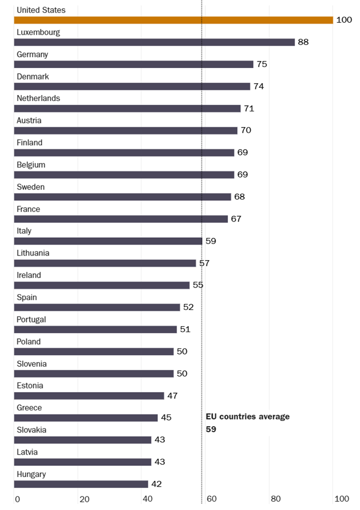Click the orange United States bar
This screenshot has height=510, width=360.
[x=173, y=20]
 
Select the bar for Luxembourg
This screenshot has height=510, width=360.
[x=154, y=42]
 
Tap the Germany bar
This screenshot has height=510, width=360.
[x=134, y=65]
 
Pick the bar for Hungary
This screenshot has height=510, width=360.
[x=81, y=484]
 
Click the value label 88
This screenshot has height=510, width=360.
[x=303, y=42]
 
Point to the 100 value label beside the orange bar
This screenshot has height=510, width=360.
[x=344, y=20]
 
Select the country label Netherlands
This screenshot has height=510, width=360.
[x=38, y=98]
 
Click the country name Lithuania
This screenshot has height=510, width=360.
[x=33, y=253]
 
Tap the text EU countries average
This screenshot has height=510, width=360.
[x=247, y=417]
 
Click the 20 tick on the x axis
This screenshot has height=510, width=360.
[x=84, y=499]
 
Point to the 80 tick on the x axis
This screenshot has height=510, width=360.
[x=275, y=499]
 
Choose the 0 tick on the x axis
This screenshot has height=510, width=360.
[x=17, y=499]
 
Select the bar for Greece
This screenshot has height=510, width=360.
[x=86, y=418]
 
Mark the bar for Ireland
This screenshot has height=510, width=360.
[x=102, y=285]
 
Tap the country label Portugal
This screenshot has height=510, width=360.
[x=31, y=320]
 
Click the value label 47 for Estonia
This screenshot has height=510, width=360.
[x=172, y=396]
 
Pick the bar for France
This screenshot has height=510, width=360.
[x=121, y=219]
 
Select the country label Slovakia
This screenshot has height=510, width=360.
[x=31, y=430]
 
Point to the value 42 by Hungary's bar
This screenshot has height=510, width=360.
[x=156, y=484]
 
